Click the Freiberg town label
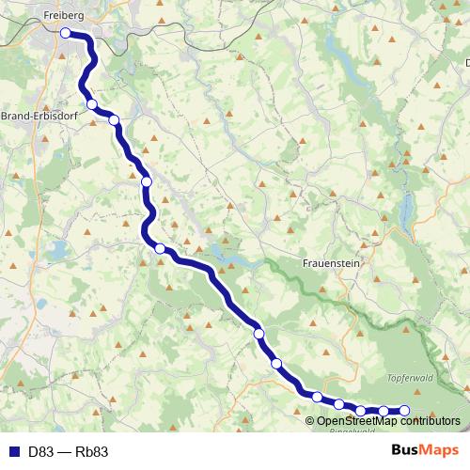point(63,16)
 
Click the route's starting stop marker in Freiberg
point(66,33)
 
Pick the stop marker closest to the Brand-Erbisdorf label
point(91,104)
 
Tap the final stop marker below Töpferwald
point(405,410)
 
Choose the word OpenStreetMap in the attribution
point(356,420)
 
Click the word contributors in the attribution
point(429,420)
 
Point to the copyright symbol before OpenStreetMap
point(310,420)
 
